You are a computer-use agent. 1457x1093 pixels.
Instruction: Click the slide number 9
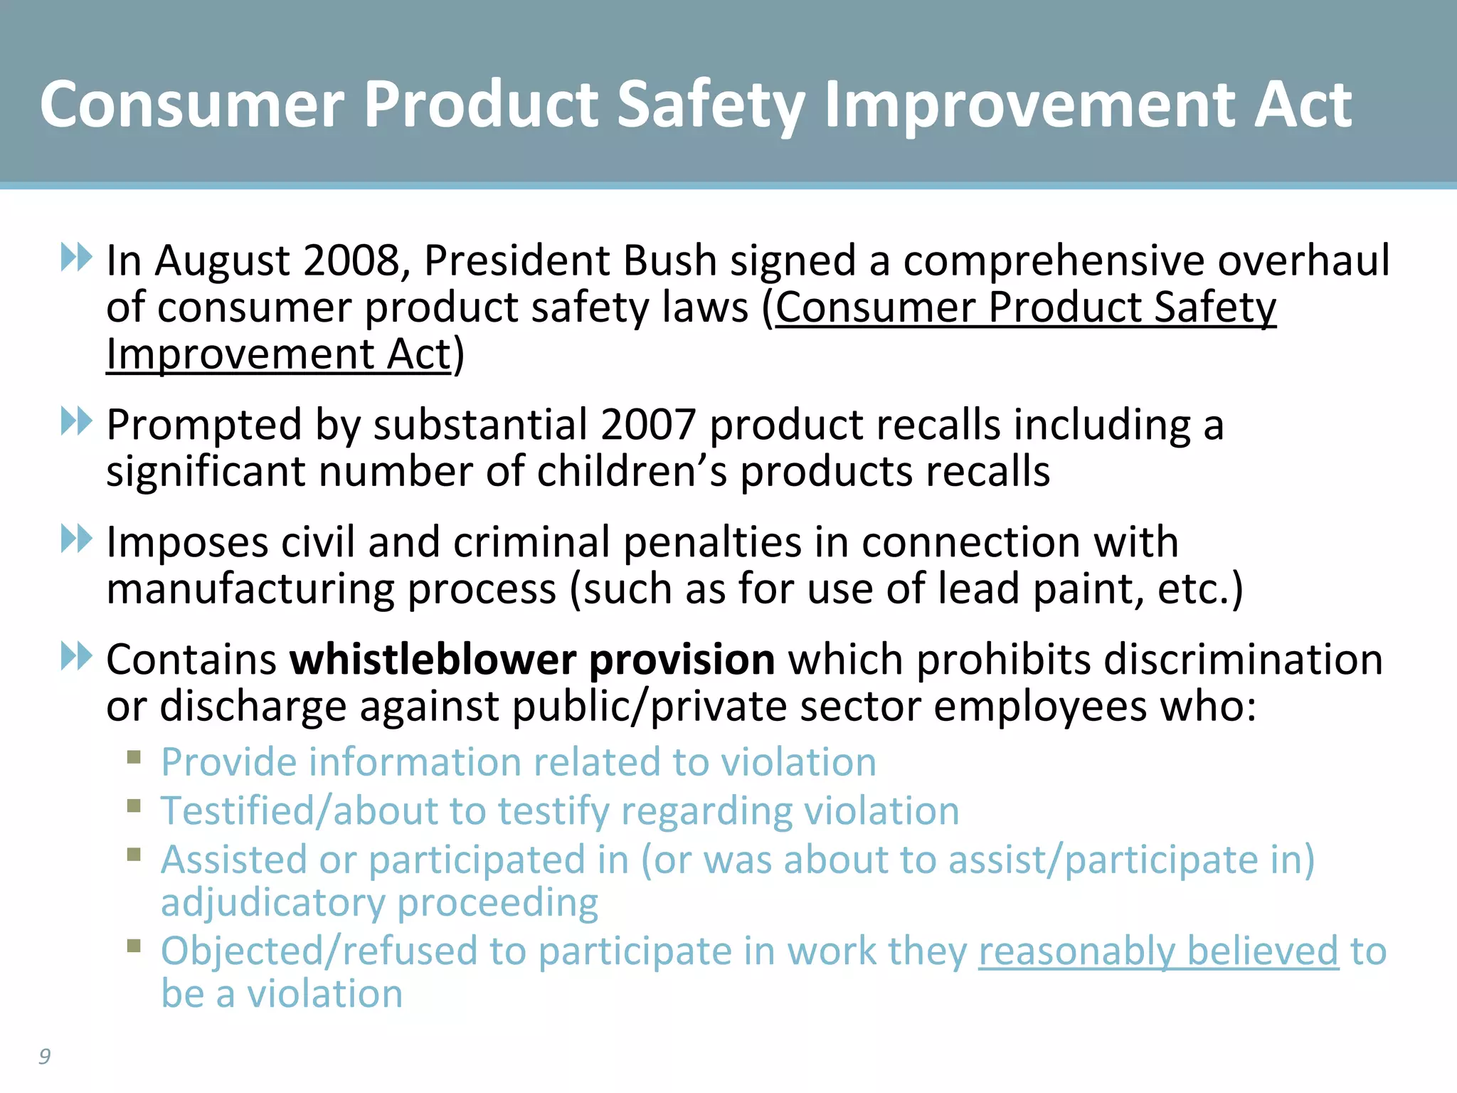pos(44,1056)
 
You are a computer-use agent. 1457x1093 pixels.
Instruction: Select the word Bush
pos(669,260)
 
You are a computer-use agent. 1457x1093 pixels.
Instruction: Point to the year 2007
pos(648,425)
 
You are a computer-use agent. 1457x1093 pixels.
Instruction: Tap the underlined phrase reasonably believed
pos(1158,951)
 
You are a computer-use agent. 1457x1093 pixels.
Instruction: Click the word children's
pos(632,472)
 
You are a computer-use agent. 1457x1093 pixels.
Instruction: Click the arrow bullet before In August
pos(76,257)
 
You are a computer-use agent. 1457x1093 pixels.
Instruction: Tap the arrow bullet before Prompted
pos(76,421)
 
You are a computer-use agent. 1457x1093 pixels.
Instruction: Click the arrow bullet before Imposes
pos(76,539)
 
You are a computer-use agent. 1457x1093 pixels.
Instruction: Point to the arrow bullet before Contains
pos(76,656)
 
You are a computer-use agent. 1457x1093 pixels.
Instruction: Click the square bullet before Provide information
pos(134,757)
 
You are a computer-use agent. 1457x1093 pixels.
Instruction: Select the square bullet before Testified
pos(134,806)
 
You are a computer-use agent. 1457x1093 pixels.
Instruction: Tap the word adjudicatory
pos(272,903)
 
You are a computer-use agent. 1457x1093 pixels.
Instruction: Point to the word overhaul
pos(1303,260)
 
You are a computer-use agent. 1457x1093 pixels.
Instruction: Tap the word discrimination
pos(1239,660)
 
